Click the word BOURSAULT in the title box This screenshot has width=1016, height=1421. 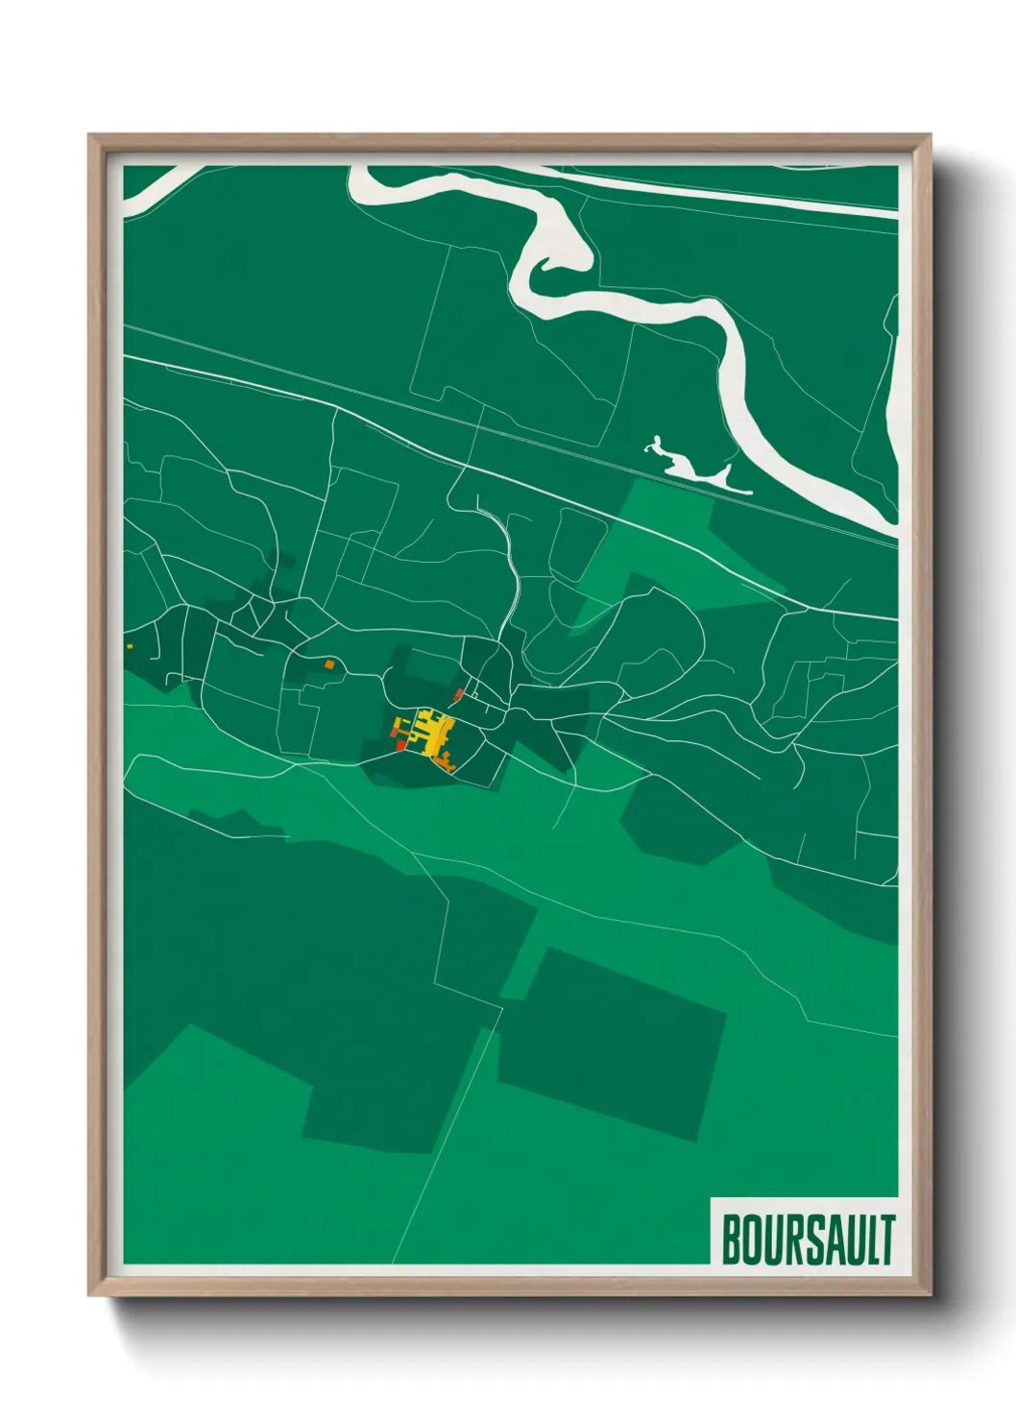click(x=808, y=1240)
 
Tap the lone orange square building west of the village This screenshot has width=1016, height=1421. click(x=329, y=663)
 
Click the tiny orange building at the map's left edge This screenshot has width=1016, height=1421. click(x=129, y=646)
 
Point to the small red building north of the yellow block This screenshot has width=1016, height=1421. click(x=459, y=694)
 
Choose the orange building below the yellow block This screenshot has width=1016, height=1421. click(x=446, y=762)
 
